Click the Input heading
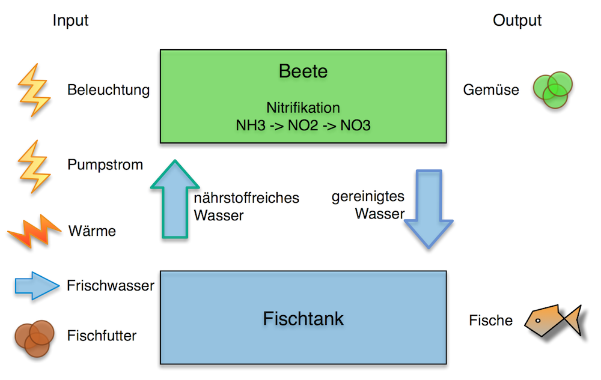click(x=70, y=20)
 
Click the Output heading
click(x=517, y=20)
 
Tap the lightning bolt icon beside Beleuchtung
click(x=34, y=90)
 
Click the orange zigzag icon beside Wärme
click(x=34, y=231)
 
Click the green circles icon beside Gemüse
click(x=553, y=90)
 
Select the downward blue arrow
click(x=428, y=208)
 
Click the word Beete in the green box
click(x=303, y=71)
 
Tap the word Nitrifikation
click(x=303, y=108)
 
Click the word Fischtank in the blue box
click(x=303, y=318)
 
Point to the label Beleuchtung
click(x=108, y=91)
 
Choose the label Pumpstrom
click(x=105, y=164)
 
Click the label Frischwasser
click(x=111, y=286)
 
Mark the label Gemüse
click(x=490, y=91)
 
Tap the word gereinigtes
click(x=368, y=197)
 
